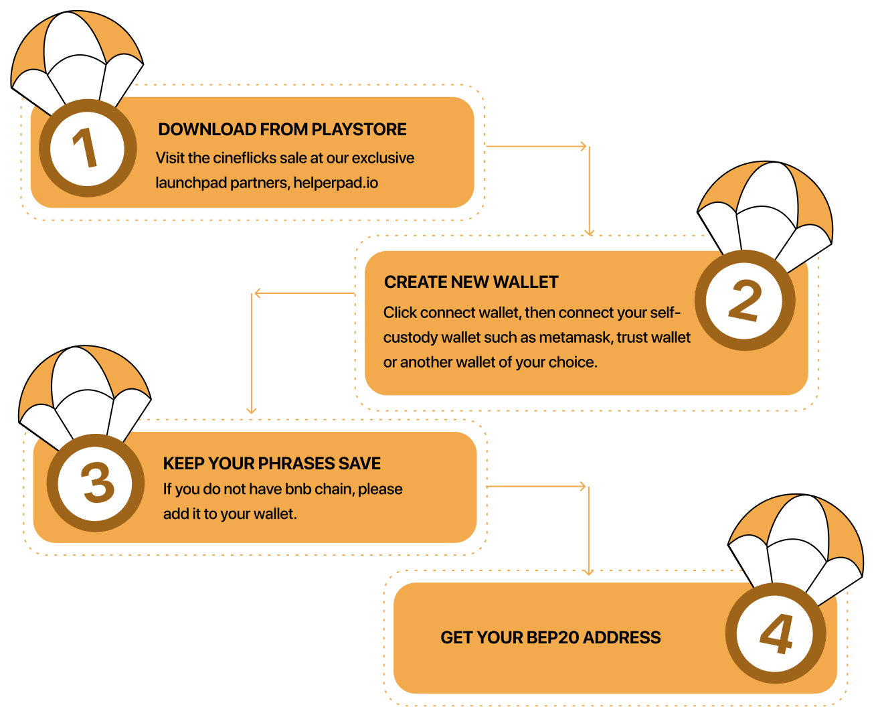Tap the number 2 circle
[745, 301]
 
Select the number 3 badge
[96, 483]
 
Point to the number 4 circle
[776, 633]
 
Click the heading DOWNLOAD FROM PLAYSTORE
[282, 129]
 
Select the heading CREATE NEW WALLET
[471, 282]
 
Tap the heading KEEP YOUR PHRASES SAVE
[272, 463]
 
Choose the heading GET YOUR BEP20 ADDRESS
[550, 637]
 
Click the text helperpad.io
[335, 183]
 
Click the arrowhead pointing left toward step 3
[257, 293]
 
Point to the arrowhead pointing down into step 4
[588, 571]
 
